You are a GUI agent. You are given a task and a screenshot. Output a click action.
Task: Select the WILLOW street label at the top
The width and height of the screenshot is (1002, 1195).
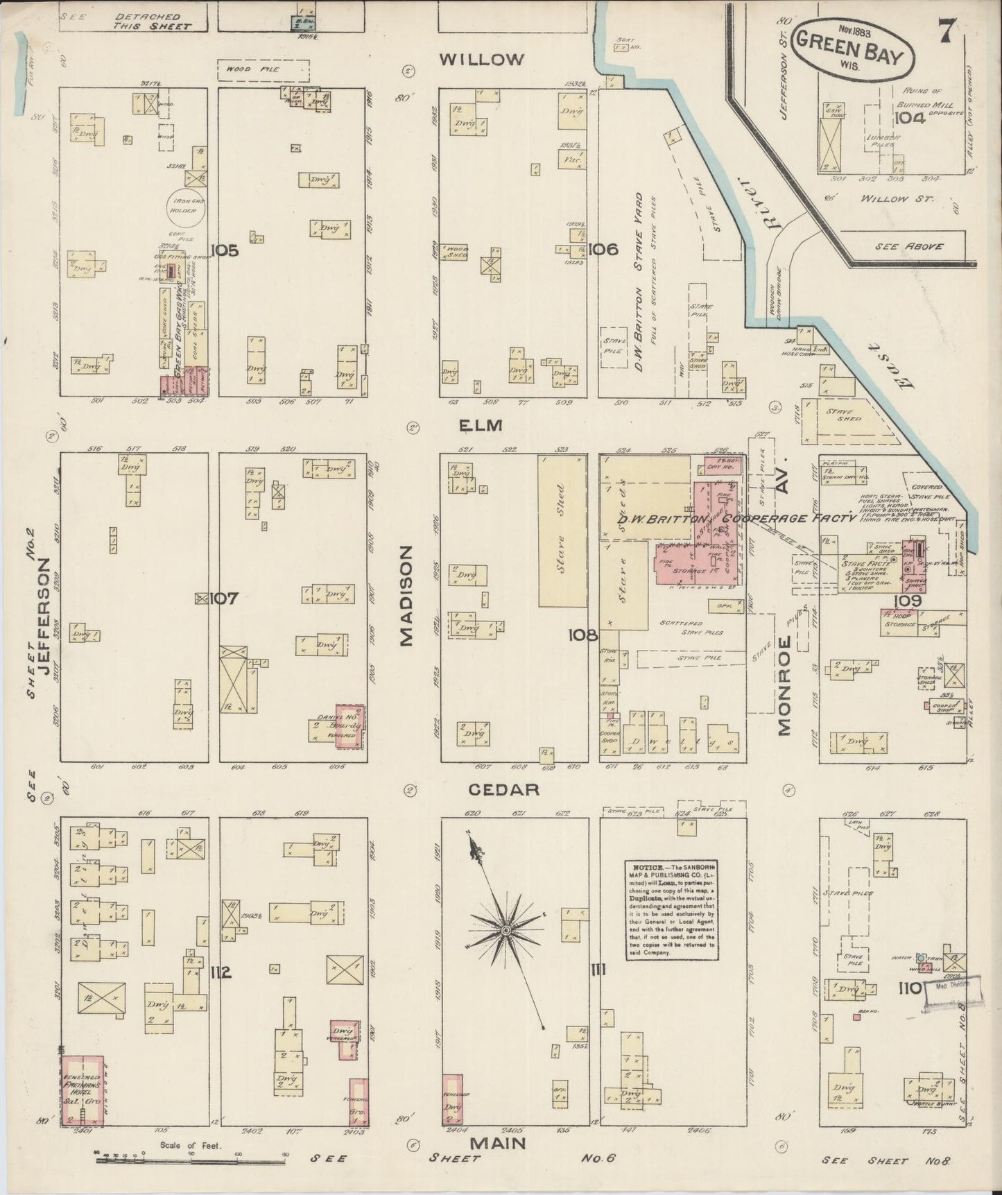point(482,60)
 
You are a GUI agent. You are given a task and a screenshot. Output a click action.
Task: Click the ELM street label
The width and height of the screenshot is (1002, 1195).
point(483,425)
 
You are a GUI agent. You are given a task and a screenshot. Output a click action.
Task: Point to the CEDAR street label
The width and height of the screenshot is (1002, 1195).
point(504,789)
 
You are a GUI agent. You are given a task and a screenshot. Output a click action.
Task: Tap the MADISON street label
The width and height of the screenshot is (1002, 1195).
point(407,595)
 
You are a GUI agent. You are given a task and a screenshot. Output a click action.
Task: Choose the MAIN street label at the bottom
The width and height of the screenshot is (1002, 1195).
point(498,1142)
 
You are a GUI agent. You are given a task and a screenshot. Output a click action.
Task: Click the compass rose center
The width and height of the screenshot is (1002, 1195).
point(506,928)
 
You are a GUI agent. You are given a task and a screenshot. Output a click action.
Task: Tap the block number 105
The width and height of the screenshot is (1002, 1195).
point(225,250)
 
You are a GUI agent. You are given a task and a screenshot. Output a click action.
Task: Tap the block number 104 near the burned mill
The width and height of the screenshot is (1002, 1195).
point(908,117)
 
